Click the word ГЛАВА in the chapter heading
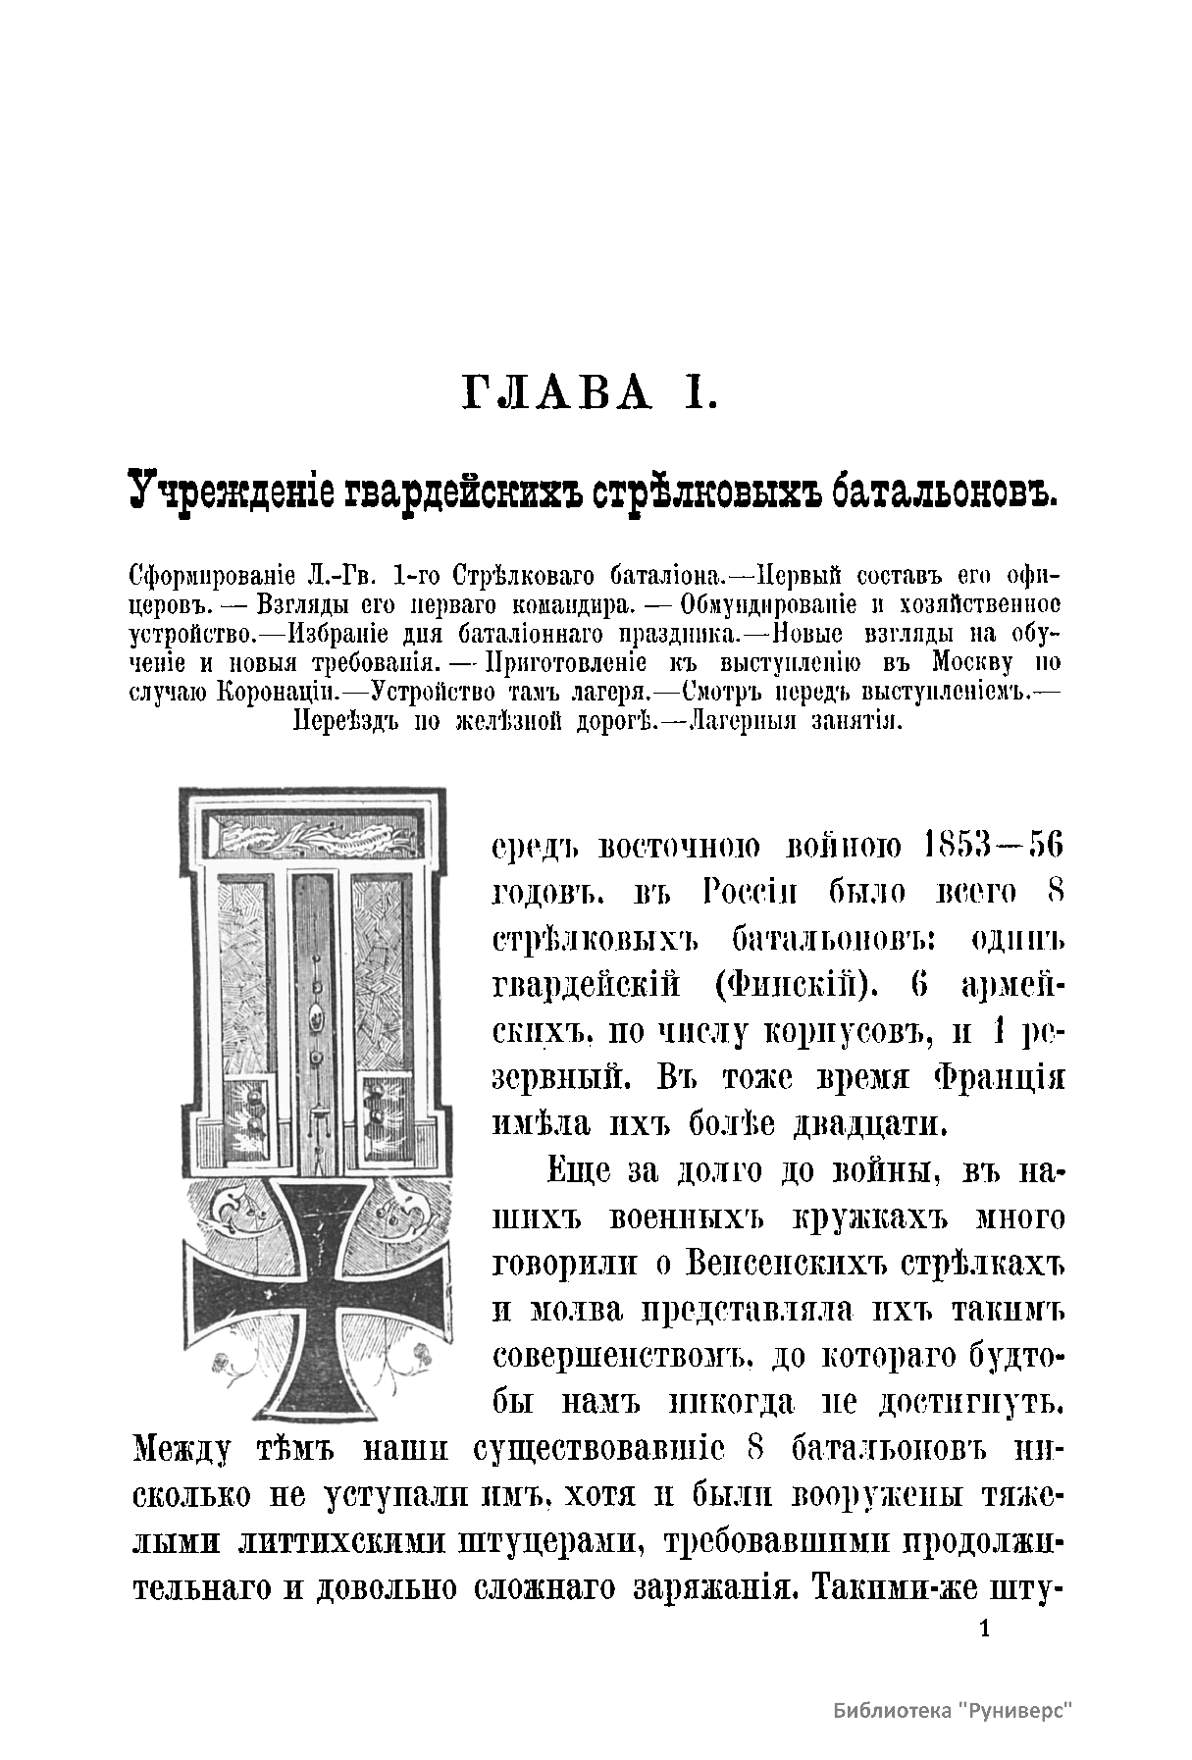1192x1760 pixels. [x=556, y=393]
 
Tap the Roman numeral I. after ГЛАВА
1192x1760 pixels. [x=702, y=393]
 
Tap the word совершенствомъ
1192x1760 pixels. [x=625, y=1356]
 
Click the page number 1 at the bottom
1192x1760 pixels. [x=986, y=1631]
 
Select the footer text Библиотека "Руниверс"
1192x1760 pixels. [x=952, y=1711]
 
